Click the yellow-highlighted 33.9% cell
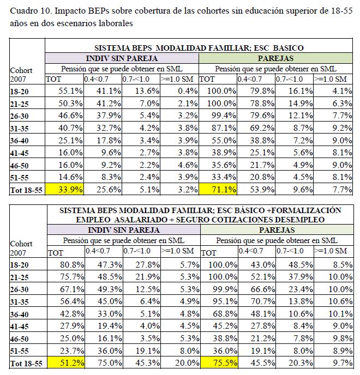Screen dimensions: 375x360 (x=66, y=190)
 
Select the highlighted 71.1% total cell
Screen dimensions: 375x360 (x=219, y=190)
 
